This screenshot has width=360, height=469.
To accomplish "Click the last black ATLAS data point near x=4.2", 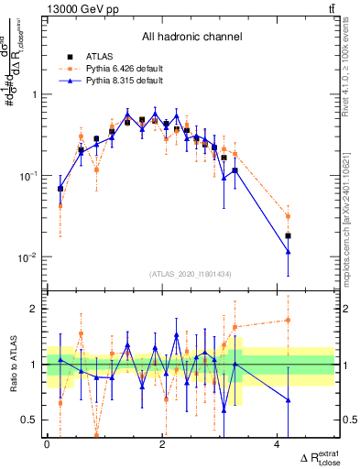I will click(289, 235).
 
